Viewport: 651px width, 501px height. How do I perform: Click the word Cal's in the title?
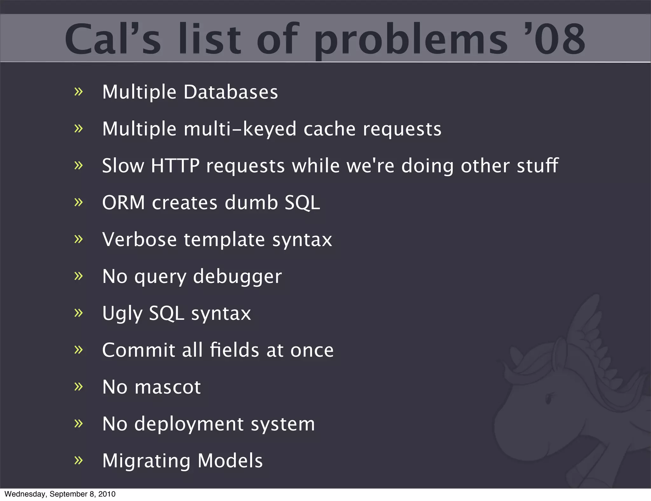(x=113, y=39)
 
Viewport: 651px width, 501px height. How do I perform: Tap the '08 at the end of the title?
(x=559, y=39)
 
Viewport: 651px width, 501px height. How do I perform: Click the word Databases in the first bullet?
(x=231, y=92)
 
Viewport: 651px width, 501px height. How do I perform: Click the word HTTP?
(x=175, y=166)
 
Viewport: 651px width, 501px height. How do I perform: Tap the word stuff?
(x=538, y=166)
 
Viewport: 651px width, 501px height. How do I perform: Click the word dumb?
(x=251, y=202)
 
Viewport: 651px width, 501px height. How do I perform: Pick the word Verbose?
(x=139, y=239)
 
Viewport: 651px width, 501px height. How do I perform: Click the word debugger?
(x=237, y=277)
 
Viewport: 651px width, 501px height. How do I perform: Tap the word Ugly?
(x=122, y=314)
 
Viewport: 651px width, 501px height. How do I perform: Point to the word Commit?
(x=139, y=350)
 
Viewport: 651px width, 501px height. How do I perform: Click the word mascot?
(x=168, y=387)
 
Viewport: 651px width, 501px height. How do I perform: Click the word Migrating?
(x=146, y=461)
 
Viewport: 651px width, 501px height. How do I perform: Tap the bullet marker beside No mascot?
(x=78, y=387)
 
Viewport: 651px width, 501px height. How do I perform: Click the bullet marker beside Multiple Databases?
(x=78, y=92)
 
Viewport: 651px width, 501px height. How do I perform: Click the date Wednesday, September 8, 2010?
(x=60, y=494)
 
